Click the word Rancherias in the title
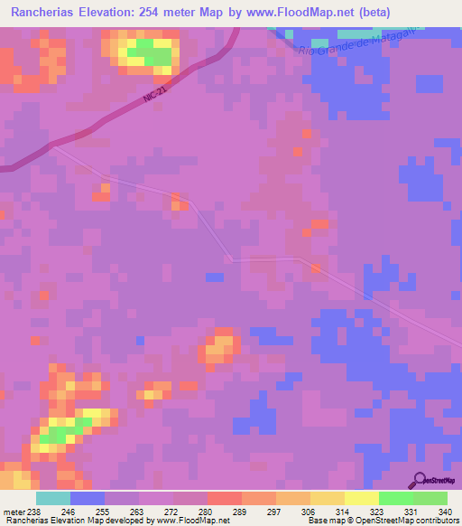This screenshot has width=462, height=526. (x=39, y=14)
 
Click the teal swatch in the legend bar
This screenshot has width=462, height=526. (x=53, y=498)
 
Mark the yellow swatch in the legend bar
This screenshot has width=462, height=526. (x=362, y=498)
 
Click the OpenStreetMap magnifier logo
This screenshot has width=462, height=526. (x=420, y=482)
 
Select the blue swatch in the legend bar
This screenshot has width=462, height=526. (x=88, y=498)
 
